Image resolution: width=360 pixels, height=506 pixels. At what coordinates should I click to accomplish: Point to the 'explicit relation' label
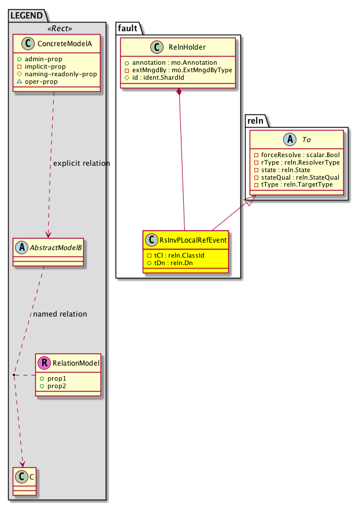pos(81,163)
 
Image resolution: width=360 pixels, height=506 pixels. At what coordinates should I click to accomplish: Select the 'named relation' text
pos(60,314)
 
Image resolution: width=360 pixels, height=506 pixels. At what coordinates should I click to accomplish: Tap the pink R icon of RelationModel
pos(44,363)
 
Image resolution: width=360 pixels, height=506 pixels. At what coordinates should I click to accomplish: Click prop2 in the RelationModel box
pos(57,385)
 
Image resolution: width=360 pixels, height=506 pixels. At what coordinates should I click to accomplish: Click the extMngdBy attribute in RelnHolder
pos(178,69)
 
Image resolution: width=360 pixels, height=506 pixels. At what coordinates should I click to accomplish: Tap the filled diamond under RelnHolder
pos(179,92)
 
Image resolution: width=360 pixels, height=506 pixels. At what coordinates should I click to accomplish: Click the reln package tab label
pos(256,120)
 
